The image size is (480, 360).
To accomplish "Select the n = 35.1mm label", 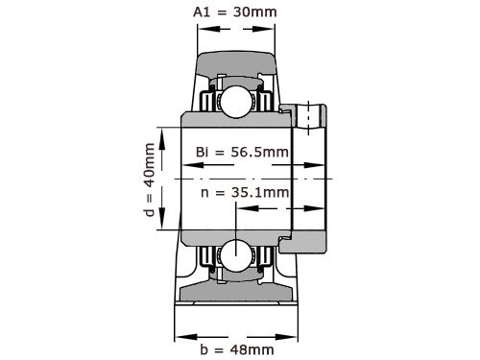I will (245, 192).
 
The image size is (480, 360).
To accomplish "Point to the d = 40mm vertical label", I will (149, 180).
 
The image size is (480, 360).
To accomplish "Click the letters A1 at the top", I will (200, 12).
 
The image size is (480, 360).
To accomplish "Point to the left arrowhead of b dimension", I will (180, 335).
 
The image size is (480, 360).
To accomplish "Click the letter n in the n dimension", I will (205, 192).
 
